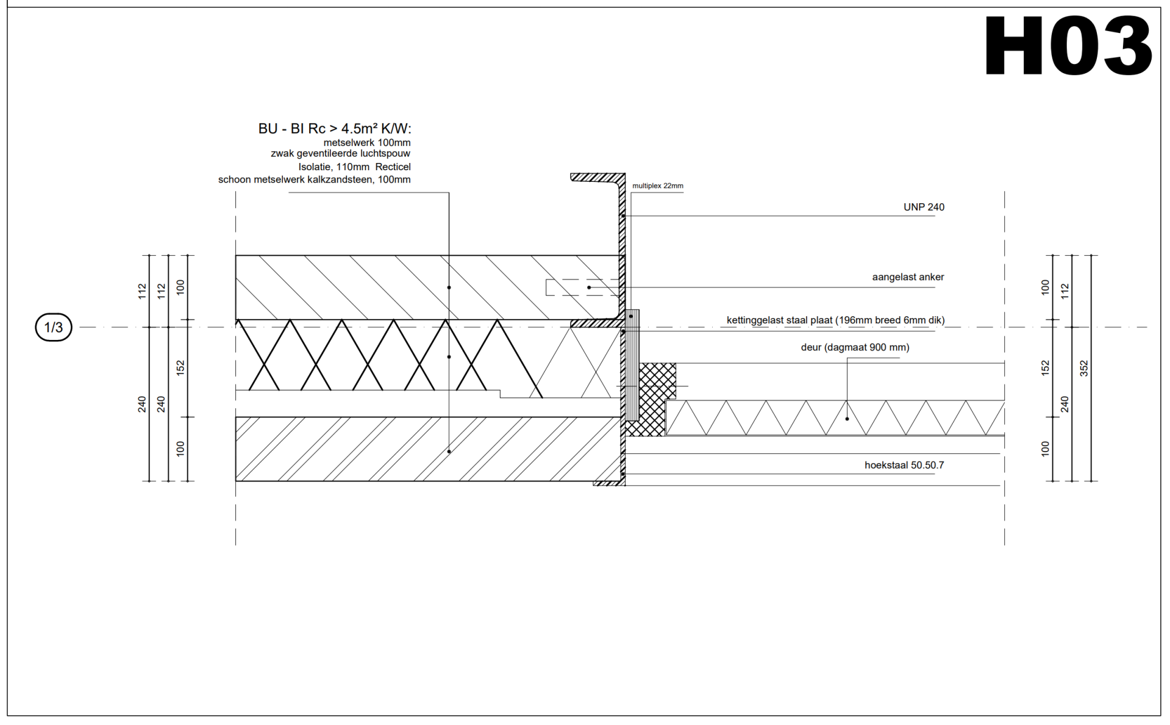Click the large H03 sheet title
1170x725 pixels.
(1068, 46)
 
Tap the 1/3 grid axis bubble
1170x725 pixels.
(54, 327)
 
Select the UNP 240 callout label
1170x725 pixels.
(924, 207)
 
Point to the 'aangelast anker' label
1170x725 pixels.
(908, 277)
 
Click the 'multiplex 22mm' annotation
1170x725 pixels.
(658, 186)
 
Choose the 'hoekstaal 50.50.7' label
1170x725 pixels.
(904, 465)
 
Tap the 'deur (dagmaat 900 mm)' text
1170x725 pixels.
(855, 348)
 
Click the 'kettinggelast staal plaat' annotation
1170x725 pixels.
(835, 320)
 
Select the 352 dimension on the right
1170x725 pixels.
(1083, 368)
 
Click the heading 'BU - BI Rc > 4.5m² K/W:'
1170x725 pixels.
(335, 129)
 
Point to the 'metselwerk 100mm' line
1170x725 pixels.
(367, 143)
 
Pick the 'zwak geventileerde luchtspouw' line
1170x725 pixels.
(340, 154)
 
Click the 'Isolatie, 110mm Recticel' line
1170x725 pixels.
(354, 167)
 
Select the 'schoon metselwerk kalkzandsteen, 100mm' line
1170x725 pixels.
(315, 180)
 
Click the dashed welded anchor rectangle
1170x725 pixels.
(582, 287)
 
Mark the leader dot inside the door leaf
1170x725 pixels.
(847, 419)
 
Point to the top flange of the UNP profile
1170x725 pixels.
(597, 178)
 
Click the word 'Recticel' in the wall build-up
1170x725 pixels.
(393, 167)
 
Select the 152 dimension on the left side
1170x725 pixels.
(180, 367)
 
